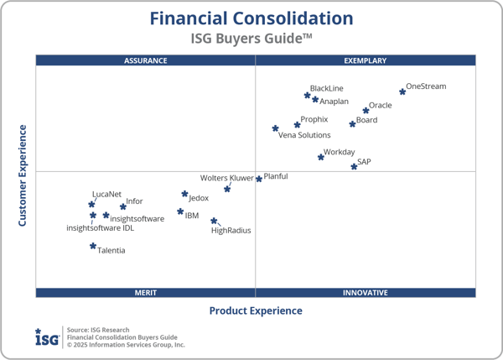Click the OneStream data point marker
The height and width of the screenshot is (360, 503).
pyautogui.click(x=402, y=91)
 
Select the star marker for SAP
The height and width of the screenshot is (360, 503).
pyautogui.click(x=354, y=166)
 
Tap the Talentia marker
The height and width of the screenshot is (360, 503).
pyautogui.click(x=93, y=246)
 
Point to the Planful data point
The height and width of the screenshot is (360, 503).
pyautogui.click(x=259, y=179)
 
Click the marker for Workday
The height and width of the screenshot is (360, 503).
pyautogui.click(x=321, y=157)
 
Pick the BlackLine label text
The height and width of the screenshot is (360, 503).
pyautogui.click(x=326, y=88)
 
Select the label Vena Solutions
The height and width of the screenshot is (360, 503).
pyautogui.click(x=304, y=135)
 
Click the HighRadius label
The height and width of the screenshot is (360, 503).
pyautogui.click(x=231, y=230)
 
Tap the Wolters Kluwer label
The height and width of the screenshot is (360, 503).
pyautogui.click(x=226, y=178)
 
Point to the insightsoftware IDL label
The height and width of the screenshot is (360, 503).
pyautogui.click(x=100, y=227)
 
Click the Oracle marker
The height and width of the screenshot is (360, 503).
pyautogui.click(x=366, y=110)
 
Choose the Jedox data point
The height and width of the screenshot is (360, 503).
pyautogui.click(x=185, y=195)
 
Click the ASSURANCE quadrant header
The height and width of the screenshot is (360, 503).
pyautogui.click(x=146, y=60)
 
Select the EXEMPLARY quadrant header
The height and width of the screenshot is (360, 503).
pyautogui.click(x=366, y=60)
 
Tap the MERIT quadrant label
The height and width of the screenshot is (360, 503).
pyautogui.click(x=146, y=293)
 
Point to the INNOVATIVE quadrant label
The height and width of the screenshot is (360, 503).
pyautogui.click(x=366, y=293)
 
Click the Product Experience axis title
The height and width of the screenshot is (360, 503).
pyautogui.click(x=256, y=310)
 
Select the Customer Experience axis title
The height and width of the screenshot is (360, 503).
pyautogui.click(x=23, y=175)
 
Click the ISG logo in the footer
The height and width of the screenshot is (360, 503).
pyautogui.click(x=47, y=337)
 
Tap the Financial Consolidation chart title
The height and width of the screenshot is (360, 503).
pyautogui.click(x=251, y=18)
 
